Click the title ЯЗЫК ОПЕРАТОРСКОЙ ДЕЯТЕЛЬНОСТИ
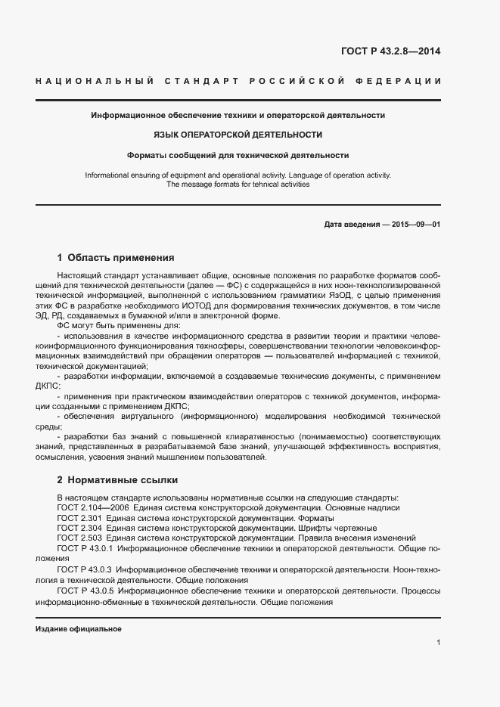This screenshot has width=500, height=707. [x=238, y=135]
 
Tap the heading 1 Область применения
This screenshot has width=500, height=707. [x=116, y=257]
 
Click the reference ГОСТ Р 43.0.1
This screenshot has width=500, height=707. [x=85, y=547]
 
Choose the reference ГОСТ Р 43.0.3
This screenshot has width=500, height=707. [x=85, y=568]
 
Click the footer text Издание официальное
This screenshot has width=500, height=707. [x=79, y=628]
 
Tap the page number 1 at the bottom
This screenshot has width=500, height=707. [x=439, y=643]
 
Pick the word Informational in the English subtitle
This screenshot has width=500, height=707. [x=107, y=175]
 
